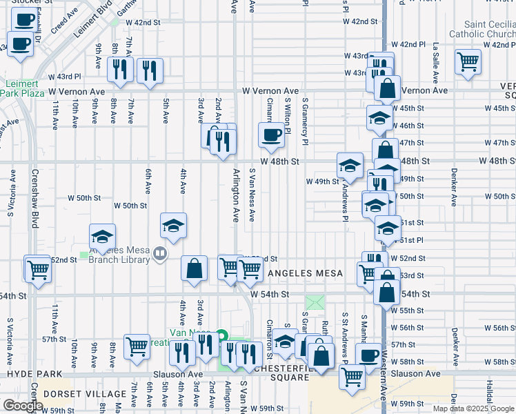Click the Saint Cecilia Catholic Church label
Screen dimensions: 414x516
[482, 28]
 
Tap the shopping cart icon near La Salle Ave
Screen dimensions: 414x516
[468, 62]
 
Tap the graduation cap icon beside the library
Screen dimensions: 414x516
[102, 236]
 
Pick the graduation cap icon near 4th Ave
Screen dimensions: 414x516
[174, 224]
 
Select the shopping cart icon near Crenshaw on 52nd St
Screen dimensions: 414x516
[37, 268]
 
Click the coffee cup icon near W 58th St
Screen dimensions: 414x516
[368, 355]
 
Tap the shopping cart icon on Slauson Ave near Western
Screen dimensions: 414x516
[353, 376]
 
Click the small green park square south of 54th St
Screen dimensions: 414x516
[315, 302]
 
